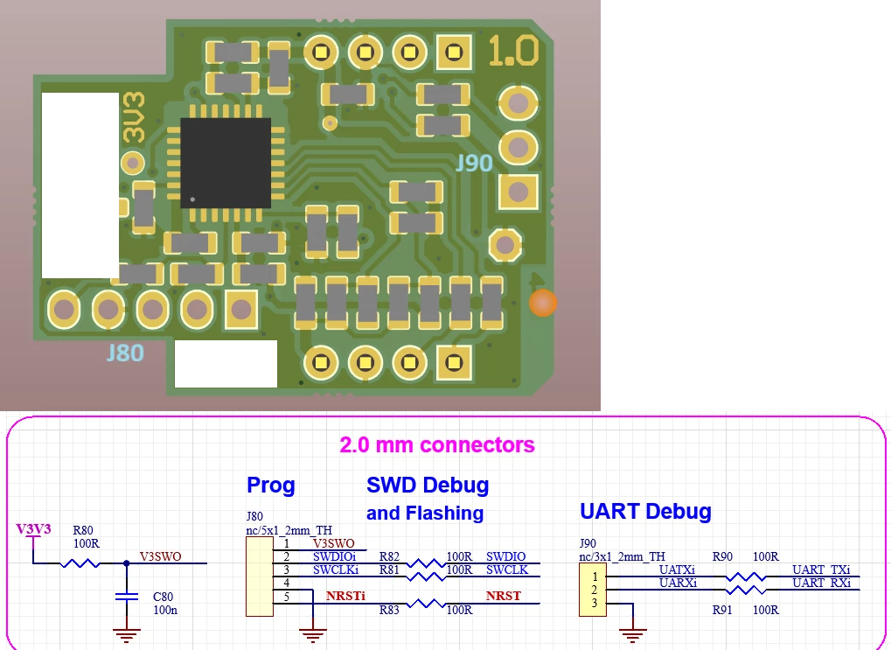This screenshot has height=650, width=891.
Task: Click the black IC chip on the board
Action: (x=226, y=164)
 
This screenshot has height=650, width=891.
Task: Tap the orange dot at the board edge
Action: (x=543, y=303)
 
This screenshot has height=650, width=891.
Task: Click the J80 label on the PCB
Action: (x=125, y=353)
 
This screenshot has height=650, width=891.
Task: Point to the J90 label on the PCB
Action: (x=474, y=164)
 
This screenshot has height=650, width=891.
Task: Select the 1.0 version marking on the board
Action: (x=513, y=50)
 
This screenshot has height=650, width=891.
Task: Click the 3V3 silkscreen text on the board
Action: (x=135, y=118)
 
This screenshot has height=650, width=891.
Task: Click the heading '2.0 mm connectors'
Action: (x=437, y=444)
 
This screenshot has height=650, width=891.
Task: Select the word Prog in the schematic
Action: (x=270, y=486)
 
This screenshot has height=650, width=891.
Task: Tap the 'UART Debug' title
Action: (x=645, y=511)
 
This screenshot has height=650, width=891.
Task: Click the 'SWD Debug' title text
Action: (x=428, y=485)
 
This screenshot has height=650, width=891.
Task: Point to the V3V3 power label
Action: (x=33, y=529)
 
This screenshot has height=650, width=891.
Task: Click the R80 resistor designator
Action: (x=83, y=530)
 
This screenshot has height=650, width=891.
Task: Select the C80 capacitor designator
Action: (x=164, y=597)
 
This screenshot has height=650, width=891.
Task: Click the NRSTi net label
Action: (x=345, y=596)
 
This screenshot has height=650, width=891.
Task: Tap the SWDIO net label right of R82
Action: (x=505, y=556)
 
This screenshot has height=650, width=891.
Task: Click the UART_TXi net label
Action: (x=821, y=570)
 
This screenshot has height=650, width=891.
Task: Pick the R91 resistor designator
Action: (x=723, y=610)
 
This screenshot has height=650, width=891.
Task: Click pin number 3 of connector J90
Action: (x=595, y=604)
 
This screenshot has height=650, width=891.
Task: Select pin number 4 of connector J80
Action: (x=287, y=583)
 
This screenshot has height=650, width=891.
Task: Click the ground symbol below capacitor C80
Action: (x=126, y=634)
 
